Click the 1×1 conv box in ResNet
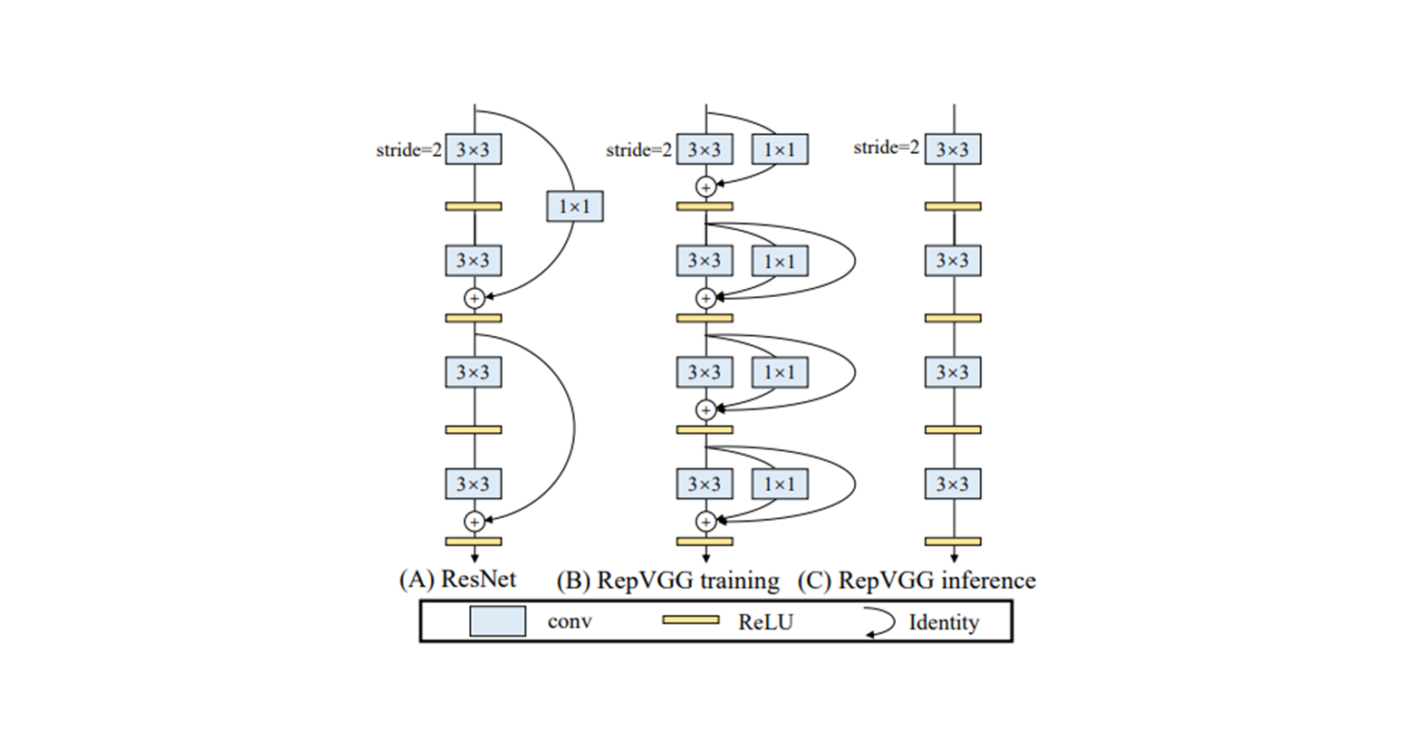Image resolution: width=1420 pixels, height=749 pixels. pyautogui.click(x=574, y=207)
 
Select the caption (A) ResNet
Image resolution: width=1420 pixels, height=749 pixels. pyautogui.click(x=457, y=580)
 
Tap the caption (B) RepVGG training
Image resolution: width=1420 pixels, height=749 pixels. pyautogui.click(x=667, y=581)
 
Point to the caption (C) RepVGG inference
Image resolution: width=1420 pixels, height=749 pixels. pyautogui.click(x=916, y=581)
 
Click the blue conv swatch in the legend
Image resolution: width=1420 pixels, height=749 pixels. pyautogui.click(x=497, y=621)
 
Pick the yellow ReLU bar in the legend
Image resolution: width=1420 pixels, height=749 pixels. pyautogui.click(x=691, y=620)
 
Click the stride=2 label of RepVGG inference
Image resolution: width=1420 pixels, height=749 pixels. pyautogui.click(x=886, y=148)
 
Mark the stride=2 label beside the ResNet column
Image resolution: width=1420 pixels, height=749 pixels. pyautogui.click(x=408, y=150)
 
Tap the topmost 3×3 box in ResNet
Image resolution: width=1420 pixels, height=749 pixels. pyautogui.click(x=473, y=149)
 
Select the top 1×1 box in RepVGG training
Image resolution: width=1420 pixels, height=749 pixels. pyautogui.click(x=779, y=149)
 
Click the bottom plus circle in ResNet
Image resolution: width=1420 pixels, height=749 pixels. pyautogui.click(x=474, y=521)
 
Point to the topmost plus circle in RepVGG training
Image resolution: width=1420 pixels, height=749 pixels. pyautogui.click(x=705, y=187)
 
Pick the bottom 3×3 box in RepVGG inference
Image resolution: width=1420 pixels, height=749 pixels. pyautogui.click(x=953, y=485)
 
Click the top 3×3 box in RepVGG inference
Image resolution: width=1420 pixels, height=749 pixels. pyautogui.click(x=953, y=149)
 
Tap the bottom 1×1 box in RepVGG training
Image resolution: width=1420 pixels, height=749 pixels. pyautogui.click(x=779, y=485)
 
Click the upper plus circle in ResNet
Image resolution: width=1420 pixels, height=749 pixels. pyautogui.click(x=474, y=297)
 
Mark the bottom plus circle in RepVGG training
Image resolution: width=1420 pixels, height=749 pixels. pyautogui.click(x=705, y=521)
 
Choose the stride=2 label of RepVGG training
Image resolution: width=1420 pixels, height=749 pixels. pyautogui.click(x=638, y=150)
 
